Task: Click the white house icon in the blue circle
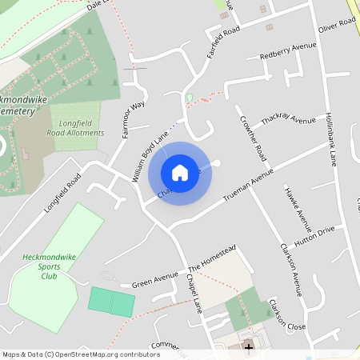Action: click(x=180, y=172)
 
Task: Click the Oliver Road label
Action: click(x=336, y=28)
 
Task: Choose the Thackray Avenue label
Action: click(x=288, y=120)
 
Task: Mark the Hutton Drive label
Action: click(x=314, y=234)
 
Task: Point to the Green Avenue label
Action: click(x=154, y=280)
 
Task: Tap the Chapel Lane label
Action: click(x=193, y=298)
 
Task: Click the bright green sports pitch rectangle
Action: click(x=111, y=301)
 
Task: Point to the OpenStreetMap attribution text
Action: click(x=80, y=354)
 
